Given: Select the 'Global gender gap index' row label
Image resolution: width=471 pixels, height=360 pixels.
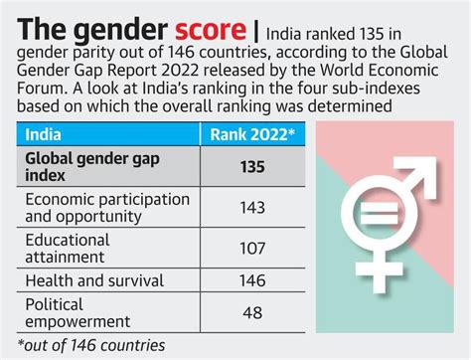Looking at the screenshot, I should [94, 168].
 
